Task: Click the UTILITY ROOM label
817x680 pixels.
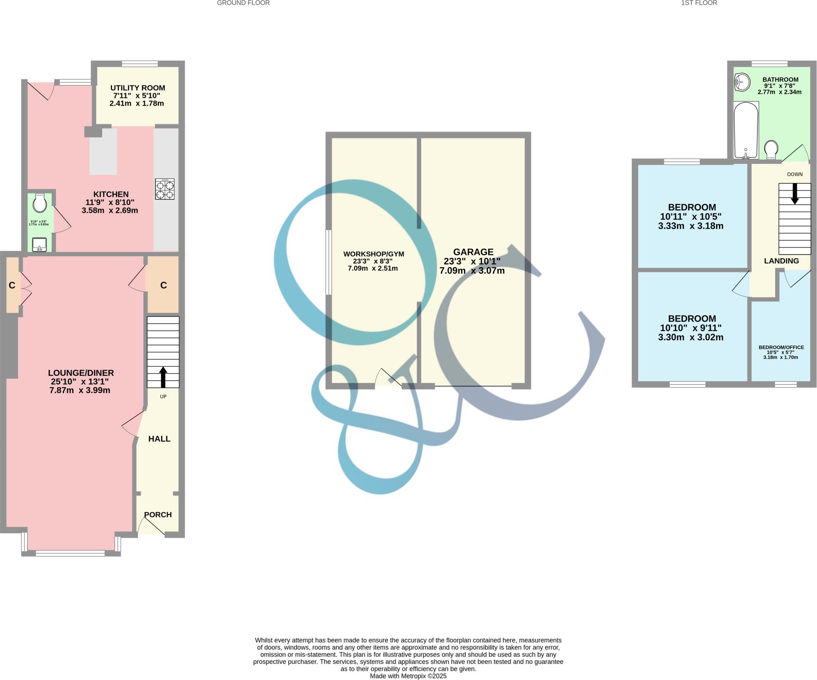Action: tap(138, 88)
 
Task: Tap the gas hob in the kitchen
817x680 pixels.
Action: tap(165, 189)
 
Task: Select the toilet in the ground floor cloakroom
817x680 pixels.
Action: tap(40, 203)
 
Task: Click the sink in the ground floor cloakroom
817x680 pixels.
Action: tap(39, 244)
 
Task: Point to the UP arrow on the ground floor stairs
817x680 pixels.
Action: tap(163, 377)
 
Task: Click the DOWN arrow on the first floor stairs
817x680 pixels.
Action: tap(795, 194)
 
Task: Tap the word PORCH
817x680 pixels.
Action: tap(158, 514)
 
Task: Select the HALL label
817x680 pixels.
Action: tap(159, 439)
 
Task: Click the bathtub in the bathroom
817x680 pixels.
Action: tap(746, 130)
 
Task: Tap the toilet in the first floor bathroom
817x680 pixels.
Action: tap(771, 149)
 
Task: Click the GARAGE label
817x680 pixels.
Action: tap(473, 252)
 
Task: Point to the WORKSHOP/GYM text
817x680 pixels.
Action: tap(373, 254)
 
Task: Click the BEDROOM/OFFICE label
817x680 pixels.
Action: tap(781, 347)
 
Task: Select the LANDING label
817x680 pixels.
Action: tap(781, 261)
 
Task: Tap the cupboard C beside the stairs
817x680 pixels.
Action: tap(163, 285)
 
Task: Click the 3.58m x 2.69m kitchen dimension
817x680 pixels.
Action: tap(110, 210)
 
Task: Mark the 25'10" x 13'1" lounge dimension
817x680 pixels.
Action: tap(80, 382)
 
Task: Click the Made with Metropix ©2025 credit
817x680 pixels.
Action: tap(408, 676)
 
